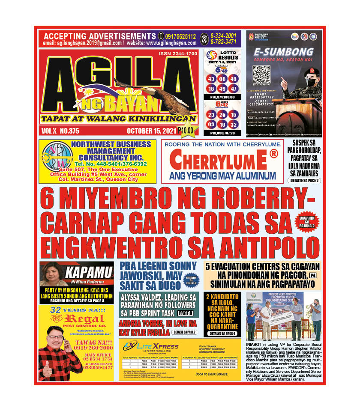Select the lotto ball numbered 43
click(211, 79)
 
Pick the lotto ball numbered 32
click(233, 125)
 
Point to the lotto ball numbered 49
click(222, 89)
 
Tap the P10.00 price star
click(187, 131)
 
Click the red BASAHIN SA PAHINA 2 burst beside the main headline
click(308, 223)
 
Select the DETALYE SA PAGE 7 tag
click(184, 332)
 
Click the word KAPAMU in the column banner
click(84, 271)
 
